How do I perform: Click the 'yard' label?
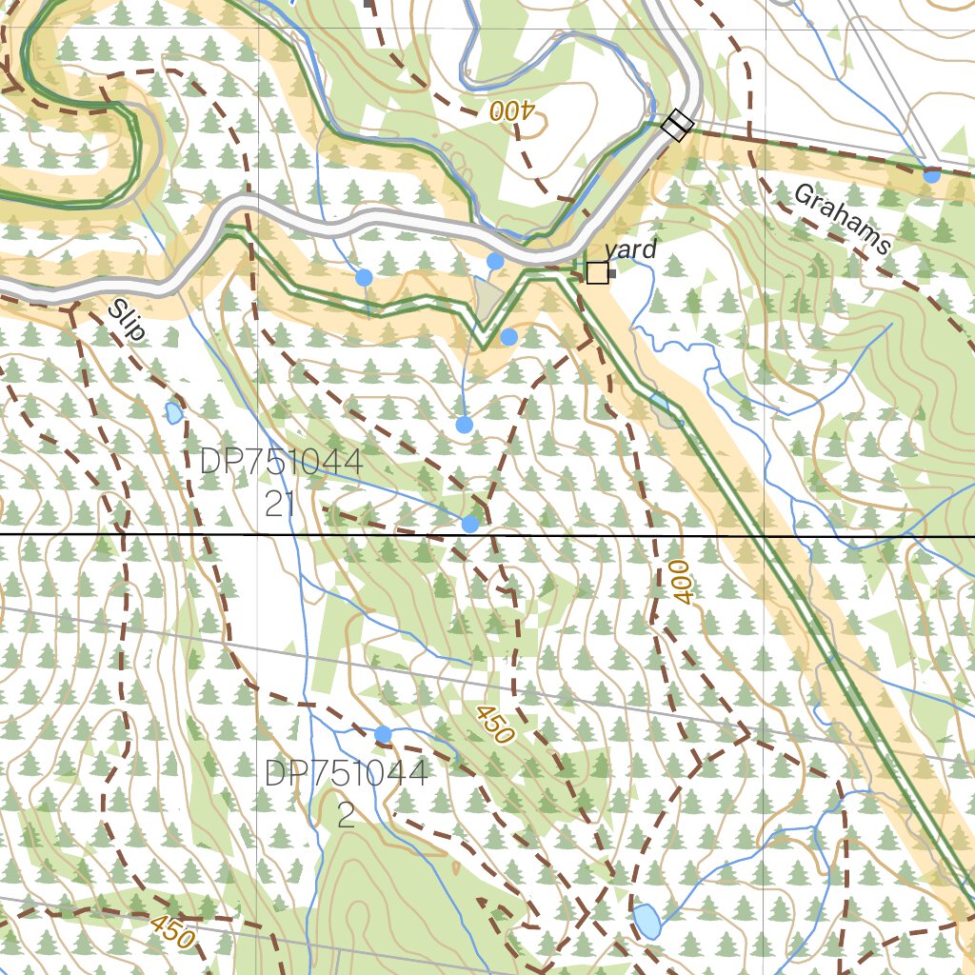point(630,249)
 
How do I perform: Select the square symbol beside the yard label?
point(597,273)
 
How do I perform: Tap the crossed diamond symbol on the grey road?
point(677,125)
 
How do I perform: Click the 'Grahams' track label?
point(842,220)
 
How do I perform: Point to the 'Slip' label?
point(127,320)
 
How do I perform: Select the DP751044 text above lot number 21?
point(281,464)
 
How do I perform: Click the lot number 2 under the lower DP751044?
point(346,815)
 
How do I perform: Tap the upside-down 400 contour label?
point(514,110)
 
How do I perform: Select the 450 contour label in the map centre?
point(493,725)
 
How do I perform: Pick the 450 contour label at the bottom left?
point(172,931)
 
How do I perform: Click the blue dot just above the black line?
point(469,524)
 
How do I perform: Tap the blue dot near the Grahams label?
point(931,174)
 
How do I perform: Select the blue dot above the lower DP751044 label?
point(383,734)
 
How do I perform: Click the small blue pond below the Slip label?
point(173,413)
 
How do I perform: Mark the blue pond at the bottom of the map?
point(647,921)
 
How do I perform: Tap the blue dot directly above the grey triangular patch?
point(495,261)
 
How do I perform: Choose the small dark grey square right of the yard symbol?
point(612,274)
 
